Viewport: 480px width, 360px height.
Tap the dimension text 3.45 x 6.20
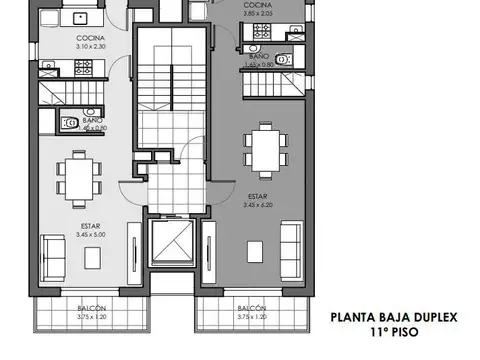point(258,205)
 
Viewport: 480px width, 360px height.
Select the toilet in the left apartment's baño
point(69,124)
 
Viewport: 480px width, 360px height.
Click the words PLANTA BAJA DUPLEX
point(394,318)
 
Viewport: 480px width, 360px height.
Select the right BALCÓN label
point(252,308)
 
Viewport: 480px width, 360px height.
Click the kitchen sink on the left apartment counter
point(74,17)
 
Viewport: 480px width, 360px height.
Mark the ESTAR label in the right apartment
point(258,197)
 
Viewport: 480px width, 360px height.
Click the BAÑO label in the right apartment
point(258,58)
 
